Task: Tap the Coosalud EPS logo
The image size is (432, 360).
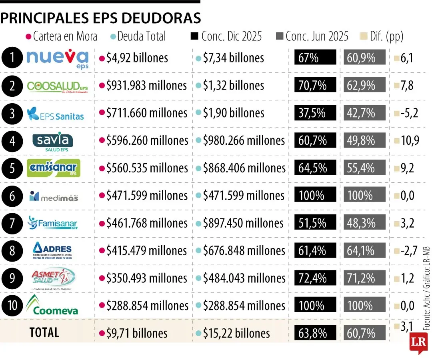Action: pos(57,86)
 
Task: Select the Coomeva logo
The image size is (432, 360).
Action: pos(52,306)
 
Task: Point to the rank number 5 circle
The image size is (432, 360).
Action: pos(12,168)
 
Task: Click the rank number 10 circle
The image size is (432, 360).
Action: pos(12,306)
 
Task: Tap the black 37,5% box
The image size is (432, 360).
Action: pos(315,113)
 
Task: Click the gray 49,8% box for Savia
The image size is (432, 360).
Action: pos(364,141)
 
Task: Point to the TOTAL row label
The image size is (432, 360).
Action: pos(44,332)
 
